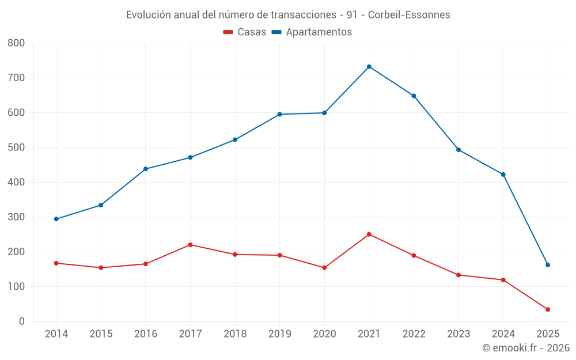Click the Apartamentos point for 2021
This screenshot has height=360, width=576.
[369, 67]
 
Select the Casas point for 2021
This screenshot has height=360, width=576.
[369, 234]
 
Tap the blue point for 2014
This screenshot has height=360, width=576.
[56, 219]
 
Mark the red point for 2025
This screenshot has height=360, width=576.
[548, 309]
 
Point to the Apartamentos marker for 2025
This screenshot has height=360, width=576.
[548, 265]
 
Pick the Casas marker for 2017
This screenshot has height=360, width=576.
[190, 245]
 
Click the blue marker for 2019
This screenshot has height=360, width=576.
[280, 114]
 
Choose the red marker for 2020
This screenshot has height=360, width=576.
[324, 268]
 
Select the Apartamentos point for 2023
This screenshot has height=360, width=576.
[458, 150]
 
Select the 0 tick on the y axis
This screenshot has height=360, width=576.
[22, 321]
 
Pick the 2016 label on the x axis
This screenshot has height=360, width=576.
[145, 334]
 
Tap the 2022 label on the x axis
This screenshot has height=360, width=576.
[414, 334]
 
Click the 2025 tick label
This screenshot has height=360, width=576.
[548, 334]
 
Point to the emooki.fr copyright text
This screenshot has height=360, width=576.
[526, 348]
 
